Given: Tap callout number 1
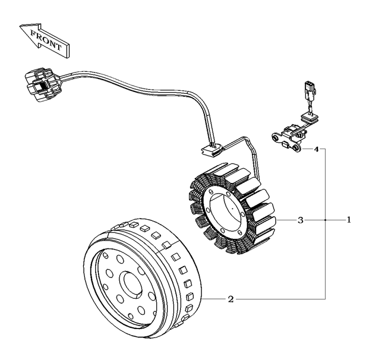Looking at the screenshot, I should pos(349,220).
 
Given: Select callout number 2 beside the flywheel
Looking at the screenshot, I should pos(231,298).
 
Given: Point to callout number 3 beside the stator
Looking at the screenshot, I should pos(301,220).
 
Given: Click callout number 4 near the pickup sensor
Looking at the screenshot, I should pos(317,149).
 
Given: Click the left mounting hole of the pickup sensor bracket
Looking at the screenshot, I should pos(276,138).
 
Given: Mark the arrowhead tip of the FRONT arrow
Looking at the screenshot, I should pos(21,27).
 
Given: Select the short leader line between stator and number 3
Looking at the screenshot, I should pos(286,220).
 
